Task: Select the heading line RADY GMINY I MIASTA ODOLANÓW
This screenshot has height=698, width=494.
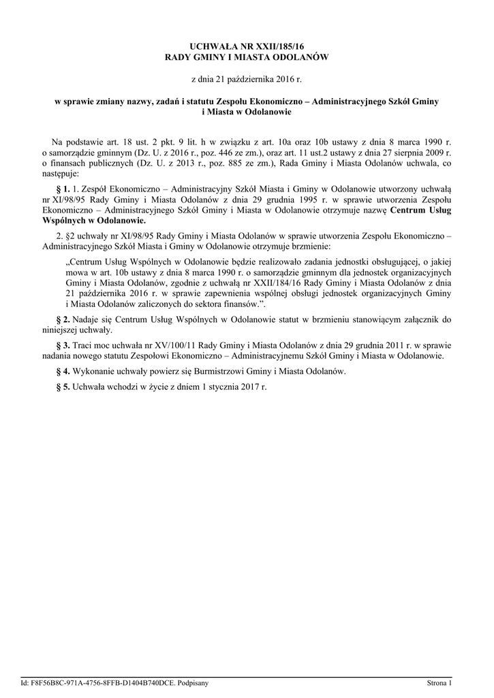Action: click(x=247, y=58)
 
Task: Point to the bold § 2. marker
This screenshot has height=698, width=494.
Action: click(x=70, y=318)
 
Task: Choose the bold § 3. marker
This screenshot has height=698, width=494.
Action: click(x=70, y=345)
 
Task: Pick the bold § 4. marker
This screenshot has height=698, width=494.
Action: click(x=70, y=371)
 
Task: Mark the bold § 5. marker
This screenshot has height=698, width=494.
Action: click(x=70, y=387)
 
